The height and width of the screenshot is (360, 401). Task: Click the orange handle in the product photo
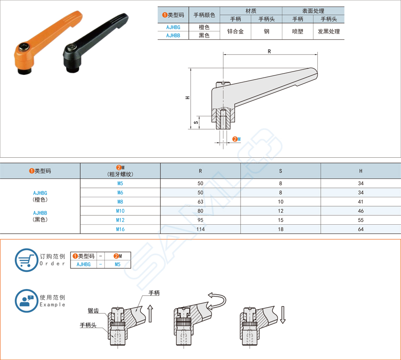44,38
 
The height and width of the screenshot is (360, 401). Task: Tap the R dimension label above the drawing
269,52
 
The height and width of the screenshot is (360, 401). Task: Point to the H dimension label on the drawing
188,98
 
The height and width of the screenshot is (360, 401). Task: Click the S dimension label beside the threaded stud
196,122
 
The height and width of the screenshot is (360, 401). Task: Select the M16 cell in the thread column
120,229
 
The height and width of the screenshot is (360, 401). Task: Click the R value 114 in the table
200,229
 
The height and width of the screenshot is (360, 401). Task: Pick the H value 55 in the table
360,220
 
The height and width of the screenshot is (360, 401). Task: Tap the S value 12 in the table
281,211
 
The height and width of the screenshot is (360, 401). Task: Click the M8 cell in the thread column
120,202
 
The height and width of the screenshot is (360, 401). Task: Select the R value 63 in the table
200,202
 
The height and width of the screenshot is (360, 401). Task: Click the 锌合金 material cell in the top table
235,31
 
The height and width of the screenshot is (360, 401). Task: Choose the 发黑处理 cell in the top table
329,31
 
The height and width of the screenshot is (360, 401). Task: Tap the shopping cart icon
26,260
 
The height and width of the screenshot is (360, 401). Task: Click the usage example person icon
26,301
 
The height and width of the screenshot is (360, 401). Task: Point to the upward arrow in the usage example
150,313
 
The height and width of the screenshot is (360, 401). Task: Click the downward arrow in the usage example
282,315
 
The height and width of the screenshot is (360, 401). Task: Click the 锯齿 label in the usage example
93,311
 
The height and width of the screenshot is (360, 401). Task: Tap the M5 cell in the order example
117,264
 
